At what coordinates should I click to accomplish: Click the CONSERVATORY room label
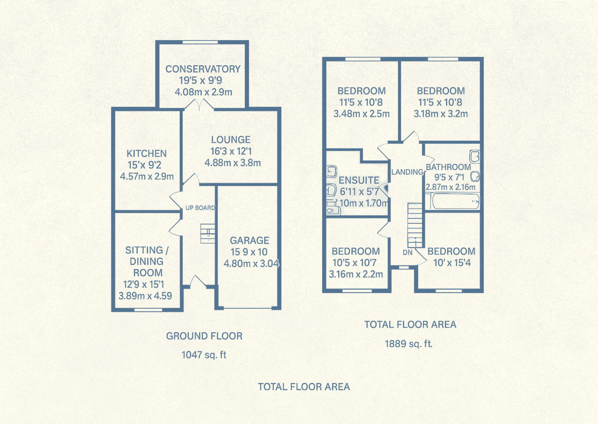click(x=203, y=69)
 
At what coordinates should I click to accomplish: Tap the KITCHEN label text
click(x=147, y=154)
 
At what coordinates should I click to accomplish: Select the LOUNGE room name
click(x=231, y=140)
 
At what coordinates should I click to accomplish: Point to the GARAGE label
click(x=249, y=241)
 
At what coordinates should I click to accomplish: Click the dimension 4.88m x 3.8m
click(x=232, y=163)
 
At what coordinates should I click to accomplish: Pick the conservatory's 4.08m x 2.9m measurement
click(x=203, y=92)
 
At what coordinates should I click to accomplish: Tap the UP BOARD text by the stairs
click(x=200, y=208)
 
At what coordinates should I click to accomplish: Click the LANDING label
click(x=407, y=172)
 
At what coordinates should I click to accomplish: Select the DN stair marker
click(x=408, y=253)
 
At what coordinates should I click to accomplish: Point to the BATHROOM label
click(x=449, y=167)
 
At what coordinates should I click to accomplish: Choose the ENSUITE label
click(x=359, y=180)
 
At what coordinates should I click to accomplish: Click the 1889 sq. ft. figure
click(x=409, y=344)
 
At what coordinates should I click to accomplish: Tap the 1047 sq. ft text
click(x=204, y=355)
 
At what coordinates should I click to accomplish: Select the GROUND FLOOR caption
click(x=204, y=336)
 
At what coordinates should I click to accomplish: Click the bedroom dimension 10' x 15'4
click(x=452, y=263)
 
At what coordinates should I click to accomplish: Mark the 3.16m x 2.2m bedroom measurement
click(x=356, y=274)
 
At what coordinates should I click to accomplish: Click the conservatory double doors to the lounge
click(x=199, y=105)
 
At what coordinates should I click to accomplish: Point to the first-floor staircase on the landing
click(x=415, y=226)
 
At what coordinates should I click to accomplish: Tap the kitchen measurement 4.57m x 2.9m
click(x=147, y=176)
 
